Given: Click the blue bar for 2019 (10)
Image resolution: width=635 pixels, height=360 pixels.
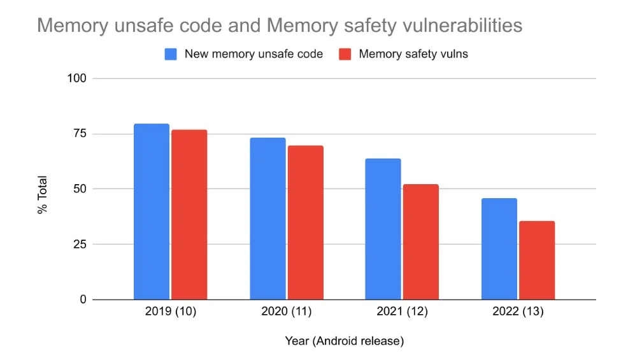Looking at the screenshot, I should click(x=152, y=212).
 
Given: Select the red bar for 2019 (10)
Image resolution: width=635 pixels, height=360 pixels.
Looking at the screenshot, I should click(x=189, y=215).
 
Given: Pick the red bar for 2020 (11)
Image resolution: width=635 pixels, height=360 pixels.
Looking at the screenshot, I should click(x=305, y=222).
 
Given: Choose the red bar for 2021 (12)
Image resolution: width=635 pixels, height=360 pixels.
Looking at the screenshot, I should click(x=420, y=241).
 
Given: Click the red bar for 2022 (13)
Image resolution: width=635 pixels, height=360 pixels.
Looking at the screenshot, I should click(x=537, y=260).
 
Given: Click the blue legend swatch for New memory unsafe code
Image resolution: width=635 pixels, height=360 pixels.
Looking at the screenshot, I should click(x=171, y=54).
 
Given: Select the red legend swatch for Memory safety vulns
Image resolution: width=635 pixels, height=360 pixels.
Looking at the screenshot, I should click(x=345, y=54).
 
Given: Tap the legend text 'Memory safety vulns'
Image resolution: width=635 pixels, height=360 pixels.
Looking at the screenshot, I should click(x=413, y=54).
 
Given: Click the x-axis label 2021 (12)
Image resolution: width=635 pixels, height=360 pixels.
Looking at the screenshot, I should click(x=402, y=312).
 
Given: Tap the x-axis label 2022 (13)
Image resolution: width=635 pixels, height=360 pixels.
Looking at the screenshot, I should click(x=518, y=312).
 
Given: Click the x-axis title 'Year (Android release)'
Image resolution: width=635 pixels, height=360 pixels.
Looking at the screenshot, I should click(x=344, y=341).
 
